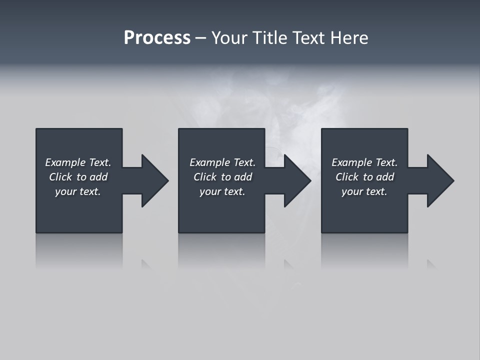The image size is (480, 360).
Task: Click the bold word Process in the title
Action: pyautogui.click(x=157, y=38)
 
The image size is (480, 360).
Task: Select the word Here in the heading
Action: pyautogui.click(x=349, y=38)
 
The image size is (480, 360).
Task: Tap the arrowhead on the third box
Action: pyautogui.click(x=439, y=180)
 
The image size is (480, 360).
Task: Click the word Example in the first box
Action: pyautogui.click(x=65, y=162)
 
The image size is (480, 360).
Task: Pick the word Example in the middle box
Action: pyautogui.click(x=210, y=162)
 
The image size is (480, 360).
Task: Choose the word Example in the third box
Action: pyautogui.click(x=352, y=162)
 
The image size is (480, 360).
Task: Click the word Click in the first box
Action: pyautogui.click(x=60, y=177)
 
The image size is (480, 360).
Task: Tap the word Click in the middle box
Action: pyautogui.click(x=204, y=177)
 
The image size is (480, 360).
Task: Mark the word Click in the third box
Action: pyautogui.click(x=346, y=177)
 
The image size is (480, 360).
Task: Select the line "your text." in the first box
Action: pyautogui.click(x=78, y=191)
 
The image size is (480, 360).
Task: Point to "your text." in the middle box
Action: pyautogui.click(x=222, y=191)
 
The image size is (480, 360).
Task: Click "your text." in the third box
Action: pyautogui.click(x=364, y=191)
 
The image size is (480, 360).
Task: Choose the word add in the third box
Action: pyautogui.click(x=385, y=177)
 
